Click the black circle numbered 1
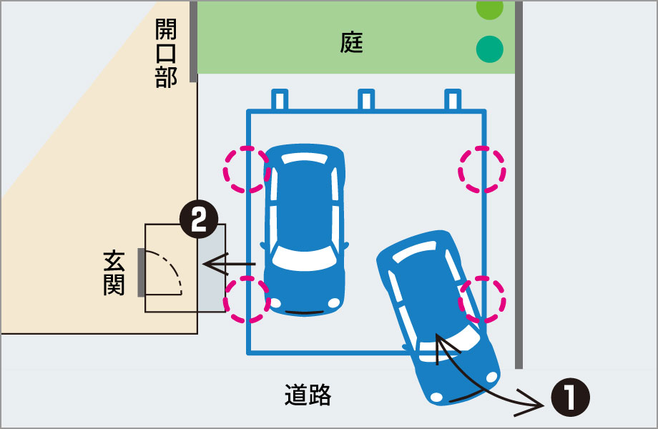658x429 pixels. pyautogui.click(x=570, y=398)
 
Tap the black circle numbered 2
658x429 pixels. pyautogui.click(x=197, y=221)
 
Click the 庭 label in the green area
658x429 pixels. pyautogui.click(x=352, y=44)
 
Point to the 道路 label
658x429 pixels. pyautogui.click(x=308, y=395)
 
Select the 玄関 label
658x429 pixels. pyautogui.click(x=114, y=272)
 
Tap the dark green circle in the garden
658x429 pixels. pyautogui.click(x=490, y=49)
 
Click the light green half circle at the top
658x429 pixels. pyautogui.click(x=490, y=7)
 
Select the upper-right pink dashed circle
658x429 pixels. pyautogui.click(x=482, y=169)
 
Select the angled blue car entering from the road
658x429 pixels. pyautogui.click(x=436, y=315)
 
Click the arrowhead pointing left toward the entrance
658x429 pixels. pyautogui.click(x=209, y=265)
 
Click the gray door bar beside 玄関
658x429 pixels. pyautogui.click(x=142, y=272)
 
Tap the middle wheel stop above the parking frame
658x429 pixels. pyautogui.click(x=365, y=100)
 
